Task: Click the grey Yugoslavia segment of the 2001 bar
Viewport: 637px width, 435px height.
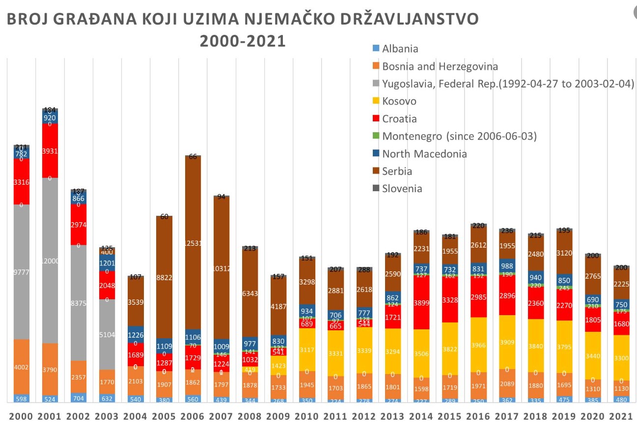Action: point(50,261)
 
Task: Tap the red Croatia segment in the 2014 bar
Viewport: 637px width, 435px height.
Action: point(421,302)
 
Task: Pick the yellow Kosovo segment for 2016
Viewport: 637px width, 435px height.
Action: point(478,345)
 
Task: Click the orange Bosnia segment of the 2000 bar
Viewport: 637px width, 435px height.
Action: point(21,367)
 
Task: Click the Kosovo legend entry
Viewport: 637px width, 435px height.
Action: point(399,101)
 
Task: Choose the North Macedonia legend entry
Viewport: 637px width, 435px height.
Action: point(424,154)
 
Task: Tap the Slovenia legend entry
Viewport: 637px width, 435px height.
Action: point(402,189)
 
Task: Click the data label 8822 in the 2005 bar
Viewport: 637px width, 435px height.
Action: point(164,278)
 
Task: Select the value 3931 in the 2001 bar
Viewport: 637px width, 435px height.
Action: point(50,151)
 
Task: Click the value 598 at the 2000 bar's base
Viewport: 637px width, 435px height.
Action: point(21,399)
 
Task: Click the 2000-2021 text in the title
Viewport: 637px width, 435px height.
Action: point(242,41)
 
